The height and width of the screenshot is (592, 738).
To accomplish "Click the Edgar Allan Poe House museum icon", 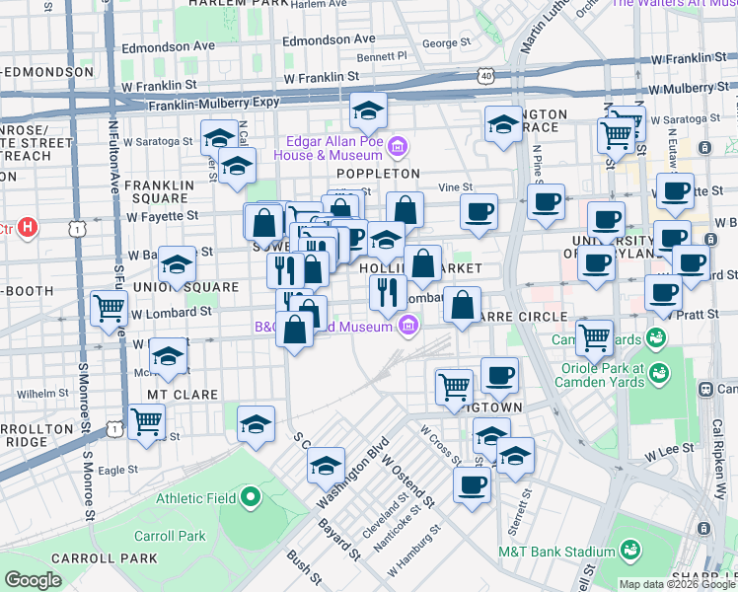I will [x=397, y=149].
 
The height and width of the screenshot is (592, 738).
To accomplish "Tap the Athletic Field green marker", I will [x=251, y=497].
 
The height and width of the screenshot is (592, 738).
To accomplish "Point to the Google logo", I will [x=34, y=580].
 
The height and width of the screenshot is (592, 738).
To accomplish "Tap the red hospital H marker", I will [x=28, y=228].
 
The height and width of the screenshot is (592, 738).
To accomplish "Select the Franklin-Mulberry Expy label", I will [x=202, y=106].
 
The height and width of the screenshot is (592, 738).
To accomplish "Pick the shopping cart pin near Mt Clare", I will [x=146, y=421].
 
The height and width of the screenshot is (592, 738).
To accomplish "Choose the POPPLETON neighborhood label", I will [x=378, y=174].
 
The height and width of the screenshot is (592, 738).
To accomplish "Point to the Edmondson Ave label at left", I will [x=166, y=46].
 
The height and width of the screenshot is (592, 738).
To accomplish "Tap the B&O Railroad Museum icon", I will [x=406, y=327].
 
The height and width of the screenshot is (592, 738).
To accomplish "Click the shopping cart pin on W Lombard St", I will [x=108, y=308].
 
